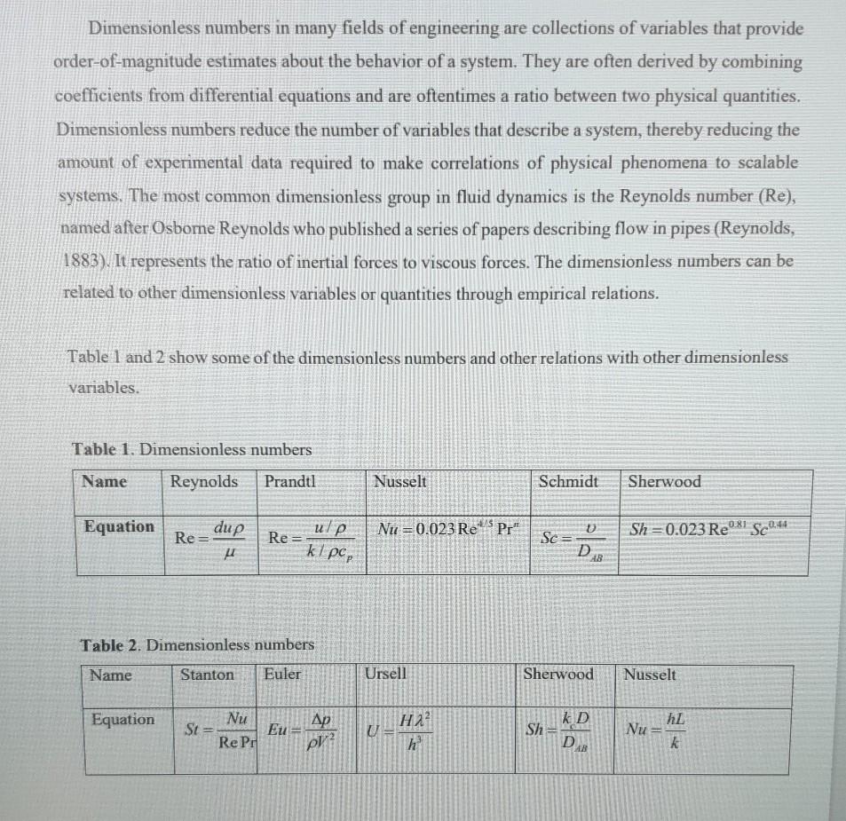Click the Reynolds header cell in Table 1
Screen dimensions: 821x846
(203, 482)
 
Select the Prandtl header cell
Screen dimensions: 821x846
(289, 482)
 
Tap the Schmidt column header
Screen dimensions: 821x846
(568, 482)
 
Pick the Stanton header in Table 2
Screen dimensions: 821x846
(207, 675)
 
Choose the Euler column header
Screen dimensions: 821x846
(282, 675)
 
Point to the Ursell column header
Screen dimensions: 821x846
(385, 675)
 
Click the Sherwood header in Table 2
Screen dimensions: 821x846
(558, 675)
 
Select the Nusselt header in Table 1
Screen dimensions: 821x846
(399, 482)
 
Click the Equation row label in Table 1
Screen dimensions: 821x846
(119, 527)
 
